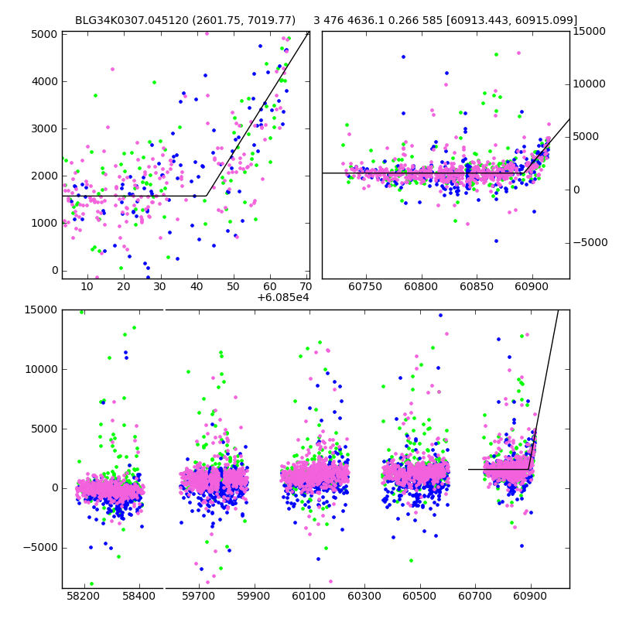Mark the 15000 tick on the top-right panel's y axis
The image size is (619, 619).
[590, 31]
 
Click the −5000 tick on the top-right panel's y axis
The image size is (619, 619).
[590, 242]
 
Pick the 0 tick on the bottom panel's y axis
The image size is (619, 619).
[51, 487]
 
